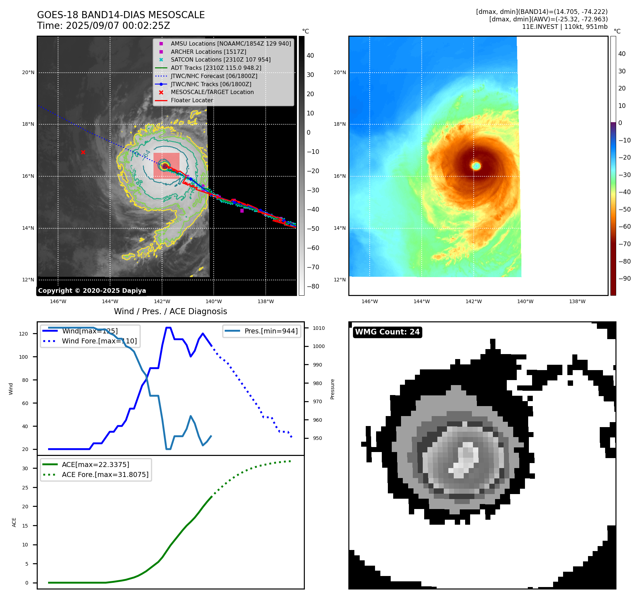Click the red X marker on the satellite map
coord(83,152)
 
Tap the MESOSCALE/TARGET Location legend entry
coord(212,92)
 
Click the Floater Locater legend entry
coord(192,100)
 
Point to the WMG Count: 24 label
coord(387,332)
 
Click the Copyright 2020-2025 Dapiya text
coord(92,291)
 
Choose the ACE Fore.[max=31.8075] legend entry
coord(105,474)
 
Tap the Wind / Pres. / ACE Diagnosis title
coord(170,311)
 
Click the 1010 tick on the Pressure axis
coord(319,328)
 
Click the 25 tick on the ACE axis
coord(25,488)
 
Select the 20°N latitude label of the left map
coord(28,72)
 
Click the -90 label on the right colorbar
coord(624,279)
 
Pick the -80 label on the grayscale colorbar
coord(313,286)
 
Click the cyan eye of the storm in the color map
coord(476,166)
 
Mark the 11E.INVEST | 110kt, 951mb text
coord(564,27)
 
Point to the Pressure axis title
coord(332,389)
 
